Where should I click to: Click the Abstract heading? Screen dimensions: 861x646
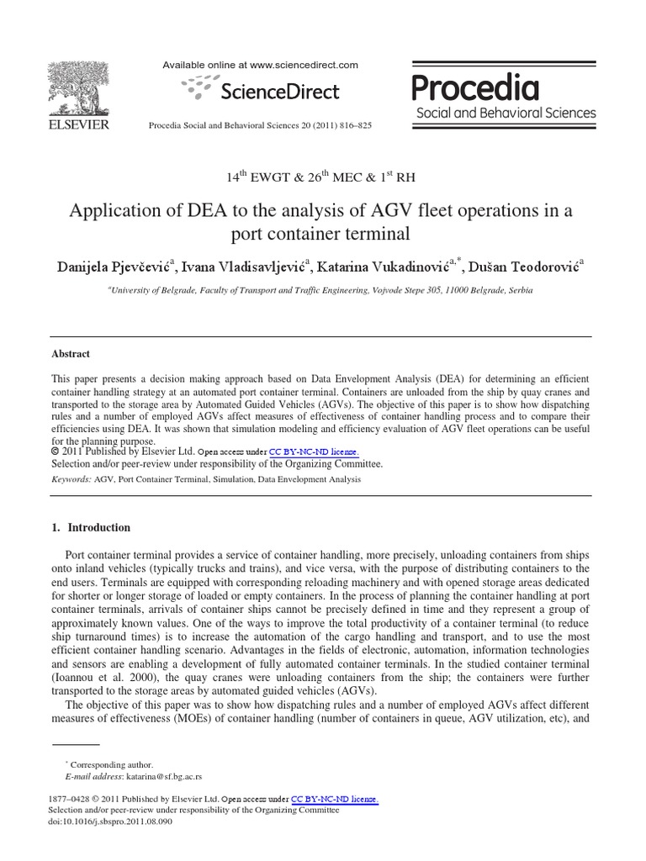coord(71,354)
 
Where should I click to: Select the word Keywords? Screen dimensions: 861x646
coord(71,478)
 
